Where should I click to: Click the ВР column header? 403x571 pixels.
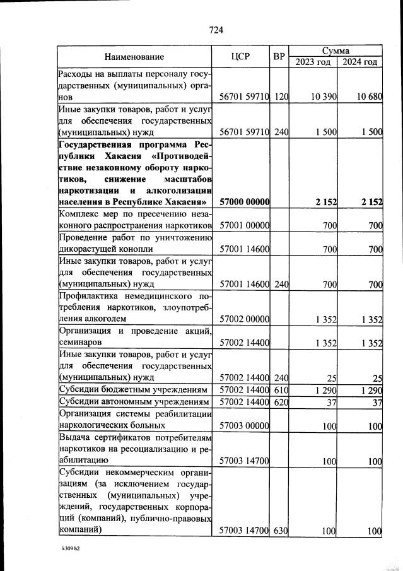(x=279, y=57)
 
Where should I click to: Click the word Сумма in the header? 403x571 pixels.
(x=336, y=50)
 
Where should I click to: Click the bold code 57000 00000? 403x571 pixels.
(x=245, y=202)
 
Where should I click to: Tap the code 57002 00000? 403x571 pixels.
(x=245, y=319)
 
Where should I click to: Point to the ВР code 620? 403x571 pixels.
(x=281, y=402)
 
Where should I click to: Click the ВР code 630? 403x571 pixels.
(x=281, y=531)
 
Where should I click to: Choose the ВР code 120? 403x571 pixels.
(x=281, y=97)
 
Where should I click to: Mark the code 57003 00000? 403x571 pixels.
(x=245, y=426)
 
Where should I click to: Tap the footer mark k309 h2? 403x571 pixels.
(x=66, y=549)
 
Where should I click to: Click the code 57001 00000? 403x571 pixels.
(x=245, y=225)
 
